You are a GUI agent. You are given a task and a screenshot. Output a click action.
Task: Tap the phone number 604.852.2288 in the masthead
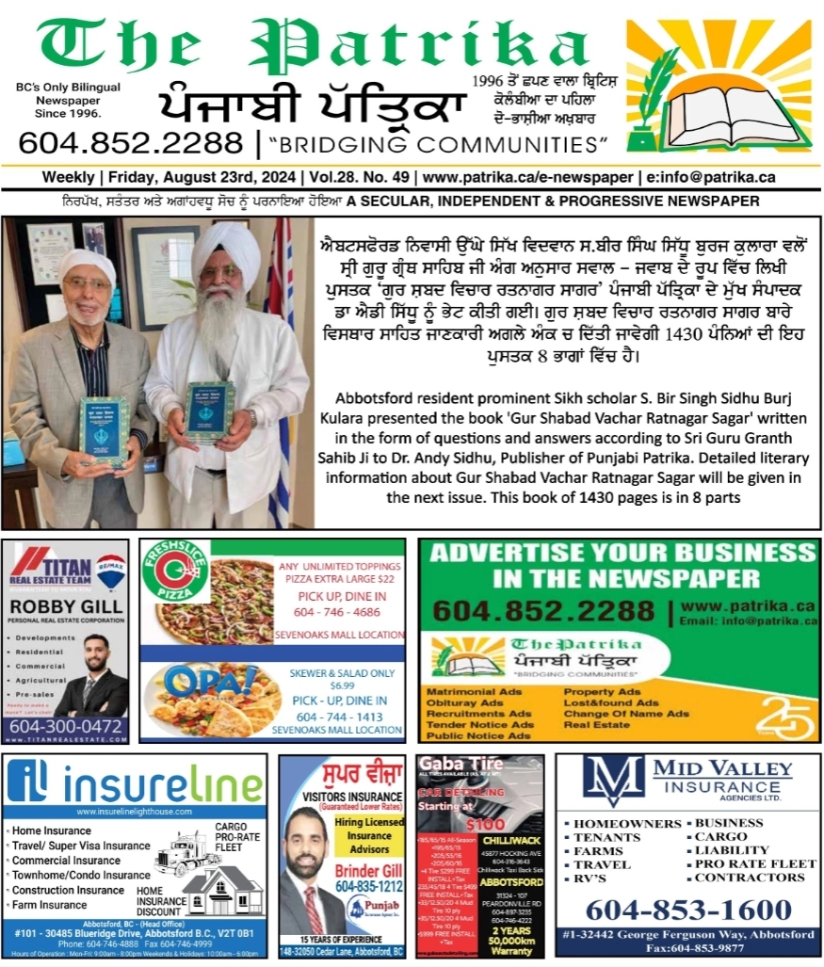130,144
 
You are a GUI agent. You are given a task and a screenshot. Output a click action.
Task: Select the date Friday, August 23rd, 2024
203,177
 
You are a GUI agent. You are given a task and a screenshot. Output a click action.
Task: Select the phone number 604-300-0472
66,727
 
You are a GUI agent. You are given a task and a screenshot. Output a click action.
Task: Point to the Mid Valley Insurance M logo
612,781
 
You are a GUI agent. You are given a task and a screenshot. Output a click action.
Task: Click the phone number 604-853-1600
687,911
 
